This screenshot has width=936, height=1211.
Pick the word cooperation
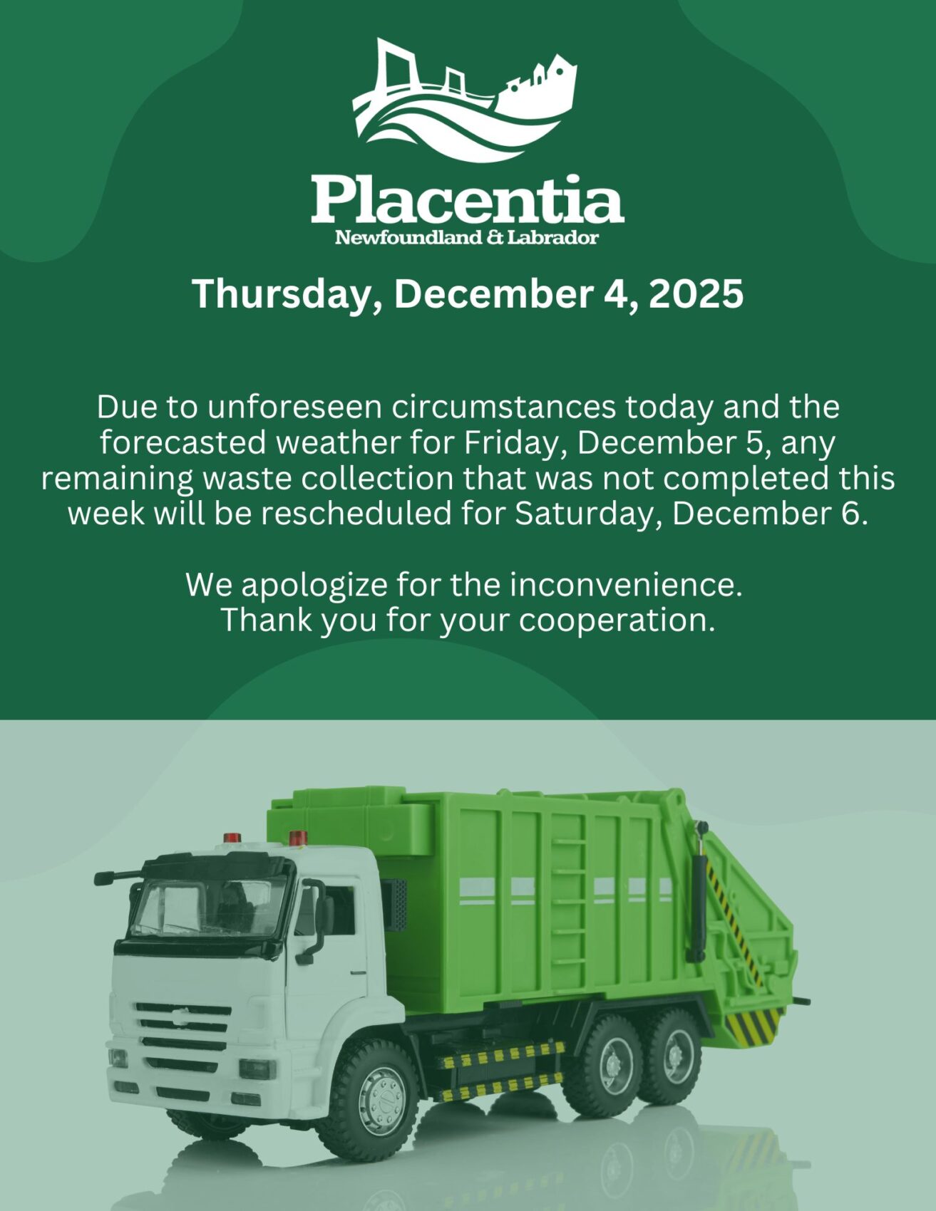[616, 620]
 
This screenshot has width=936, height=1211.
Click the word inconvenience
[626, 585]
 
